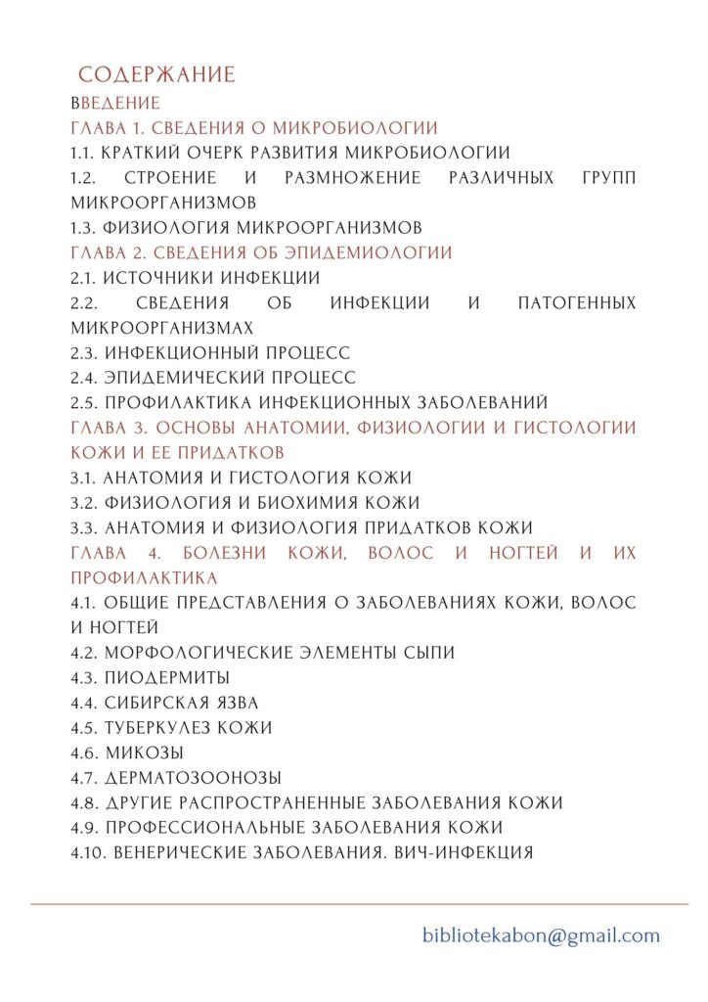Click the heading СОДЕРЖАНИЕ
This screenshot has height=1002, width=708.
tap(156, 75)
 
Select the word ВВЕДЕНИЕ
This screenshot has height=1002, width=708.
tap(115, 103)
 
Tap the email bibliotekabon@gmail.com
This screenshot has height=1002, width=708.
tap(541, 935)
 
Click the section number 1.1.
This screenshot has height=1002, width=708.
tap(84, 153)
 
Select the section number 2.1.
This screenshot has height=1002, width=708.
tap(84, 278)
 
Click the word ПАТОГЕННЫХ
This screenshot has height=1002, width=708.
tap(577, 303)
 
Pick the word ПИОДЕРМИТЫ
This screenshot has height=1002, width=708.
tap(167, 677)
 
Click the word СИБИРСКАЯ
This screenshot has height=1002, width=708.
tap(155, 703)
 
